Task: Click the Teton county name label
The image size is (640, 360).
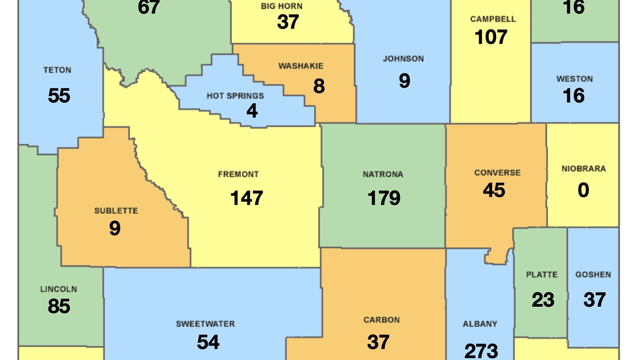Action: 57,70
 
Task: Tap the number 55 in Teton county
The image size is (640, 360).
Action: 59,95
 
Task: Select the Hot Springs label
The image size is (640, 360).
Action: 235,96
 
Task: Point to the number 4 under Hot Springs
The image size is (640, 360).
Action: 252,111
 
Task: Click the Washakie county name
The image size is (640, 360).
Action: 301,66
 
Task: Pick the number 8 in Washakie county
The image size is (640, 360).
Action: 319,86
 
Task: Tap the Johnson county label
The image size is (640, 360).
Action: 403,59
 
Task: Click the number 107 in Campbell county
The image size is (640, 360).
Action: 491,37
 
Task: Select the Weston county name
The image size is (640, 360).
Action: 574,79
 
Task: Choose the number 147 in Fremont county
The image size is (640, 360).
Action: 247,198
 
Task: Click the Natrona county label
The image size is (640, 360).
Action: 383,174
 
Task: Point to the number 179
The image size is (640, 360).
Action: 384,198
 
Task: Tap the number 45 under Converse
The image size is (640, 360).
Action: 494,190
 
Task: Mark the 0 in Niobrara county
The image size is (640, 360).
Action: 583,190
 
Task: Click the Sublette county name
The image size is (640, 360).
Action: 116,211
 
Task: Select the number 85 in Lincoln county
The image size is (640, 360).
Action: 59,306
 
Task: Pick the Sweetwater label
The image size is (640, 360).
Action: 205,324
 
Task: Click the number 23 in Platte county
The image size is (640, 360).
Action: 543,300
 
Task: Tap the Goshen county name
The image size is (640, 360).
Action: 593,275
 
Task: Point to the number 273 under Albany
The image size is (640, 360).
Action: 481,351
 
